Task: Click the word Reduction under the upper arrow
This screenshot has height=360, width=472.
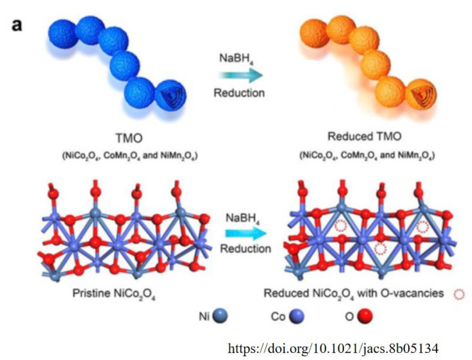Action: [x=239, y=93]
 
